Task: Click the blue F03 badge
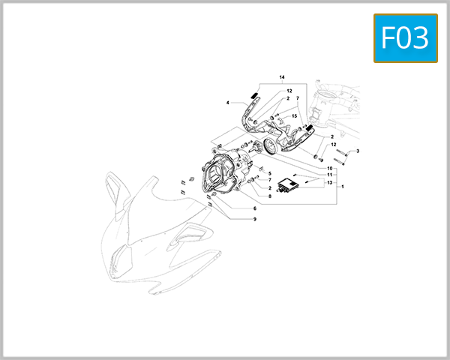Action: coord(405,38)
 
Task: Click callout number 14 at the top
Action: coord(283,78)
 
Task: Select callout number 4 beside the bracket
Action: coord(228,102)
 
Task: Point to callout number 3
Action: coord(358,151)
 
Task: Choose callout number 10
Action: coord(329,168)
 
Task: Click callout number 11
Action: coord(329,174)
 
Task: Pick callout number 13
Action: coord(329,181)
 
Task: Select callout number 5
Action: coord(269,173)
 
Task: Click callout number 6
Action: coord(254,208)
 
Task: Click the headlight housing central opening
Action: coord(218,181)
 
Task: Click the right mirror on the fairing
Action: coord(193,233)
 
